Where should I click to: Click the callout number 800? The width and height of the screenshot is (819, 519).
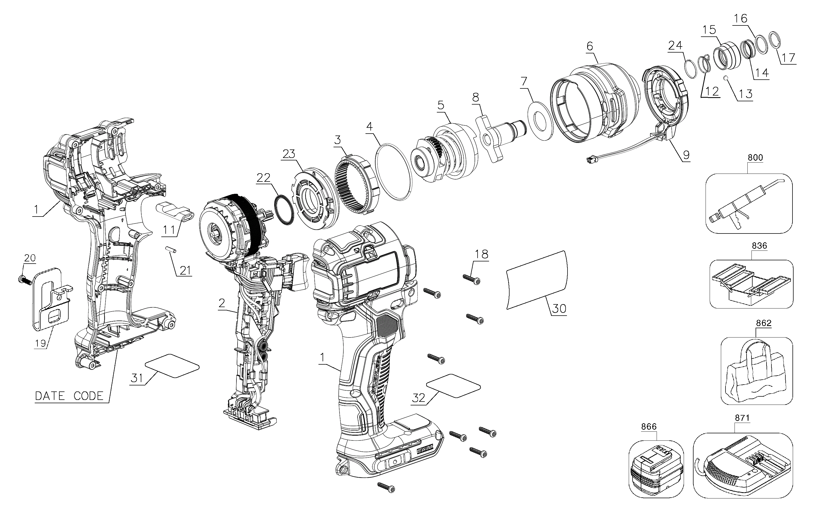coord(755,158)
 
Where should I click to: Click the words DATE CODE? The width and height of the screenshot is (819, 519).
coord(69,396)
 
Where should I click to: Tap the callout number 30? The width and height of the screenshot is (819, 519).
coord(559,308)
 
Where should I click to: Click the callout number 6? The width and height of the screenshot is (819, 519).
coord(589,46)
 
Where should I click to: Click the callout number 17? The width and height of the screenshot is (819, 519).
coord(788,58)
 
